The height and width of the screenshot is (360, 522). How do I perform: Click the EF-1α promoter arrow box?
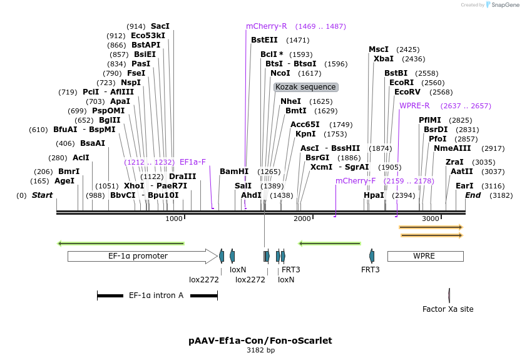click(138, 256)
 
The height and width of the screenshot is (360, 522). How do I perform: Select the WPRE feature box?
click(425, 256)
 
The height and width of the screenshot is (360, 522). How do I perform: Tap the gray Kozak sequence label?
click(305, 87)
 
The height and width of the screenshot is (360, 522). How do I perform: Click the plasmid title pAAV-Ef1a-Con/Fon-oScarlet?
click(260, 341)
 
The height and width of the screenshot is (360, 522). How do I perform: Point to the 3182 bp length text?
click(260, 351)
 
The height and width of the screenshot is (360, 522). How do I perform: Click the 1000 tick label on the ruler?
click(174, 219)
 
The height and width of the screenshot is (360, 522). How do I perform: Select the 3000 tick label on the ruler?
click(431, 219)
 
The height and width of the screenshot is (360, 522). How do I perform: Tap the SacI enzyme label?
click(160, 26)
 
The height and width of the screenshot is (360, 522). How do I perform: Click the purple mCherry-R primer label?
click(266, 26)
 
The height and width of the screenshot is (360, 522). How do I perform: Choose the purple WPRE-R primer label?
click(414, 106)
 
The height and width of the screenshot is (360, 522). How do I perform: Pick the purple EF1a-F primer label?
click(193, 162)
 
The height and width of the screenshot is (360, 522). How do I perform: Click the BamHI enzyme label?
click(234, 171)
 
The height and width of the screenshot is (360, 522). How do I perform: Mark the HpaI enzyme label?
click(374, 195)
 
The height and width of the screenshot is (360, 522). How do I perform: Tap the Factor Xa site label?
click(448, 309)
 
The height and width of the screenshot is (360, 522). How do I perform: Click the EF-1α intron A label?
click(156, 295)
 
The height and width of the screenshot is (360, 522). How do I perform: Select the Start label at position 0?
click(42, 195)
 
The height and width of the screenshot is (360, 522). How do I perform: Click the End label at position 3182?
click(473, 195)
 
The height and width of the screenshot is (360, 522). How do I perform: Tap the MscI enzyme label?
click(379, 49)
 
